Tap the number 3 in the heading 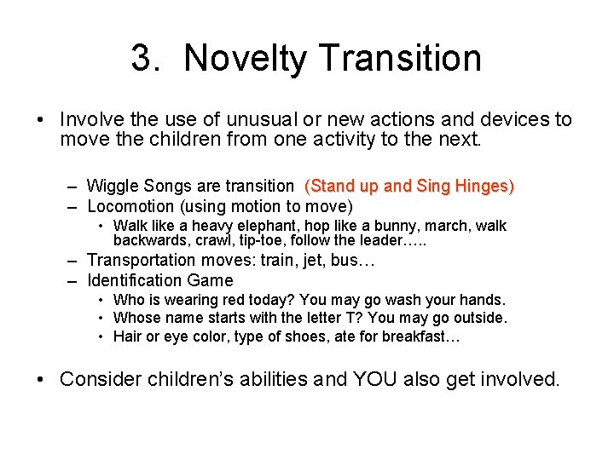[x=142, y=59]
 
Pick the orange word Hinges [x=484, y=186]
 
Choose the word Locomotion [x=130, y=206]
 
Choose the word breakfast [x=422, y=336]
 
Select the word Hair [x=127, y=336]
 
